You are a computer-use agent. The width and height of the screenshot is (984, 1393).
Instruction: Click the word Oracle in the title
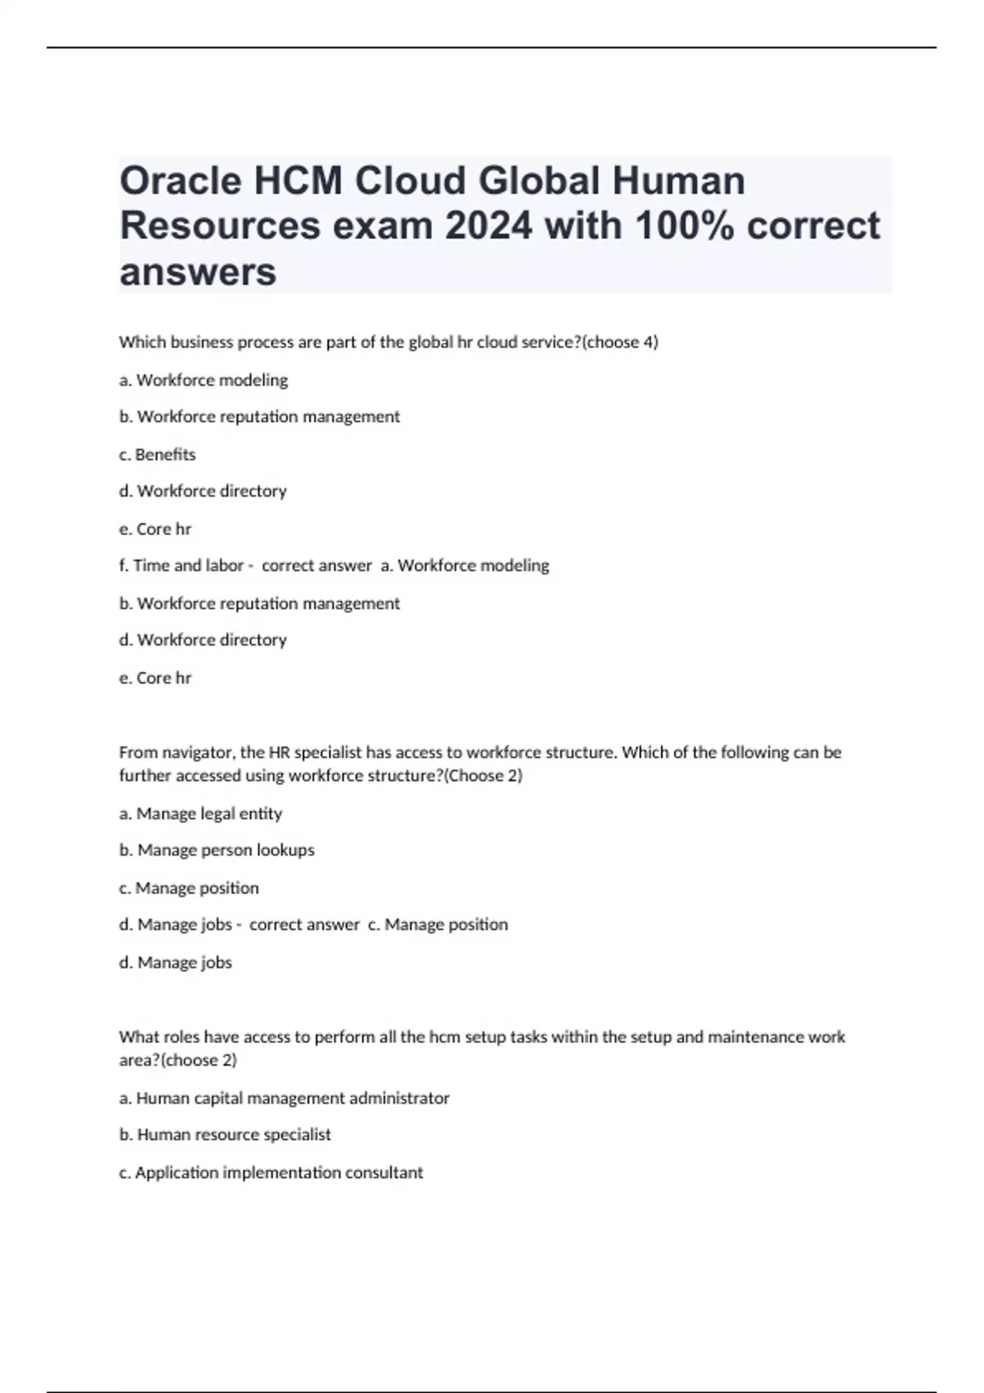click(180, 181)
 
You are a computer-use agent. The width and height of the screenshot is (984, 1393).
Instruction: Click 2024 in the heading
click(489, 226)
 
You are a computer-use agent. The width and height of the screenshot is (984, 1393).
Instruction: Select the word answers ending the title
click(198, 272)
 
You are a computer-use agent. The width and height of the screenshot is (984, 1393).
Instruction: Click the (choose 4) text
click(620, 343)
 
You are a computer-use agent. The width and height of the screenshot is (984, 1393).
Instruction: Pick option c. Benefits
click(157, 455)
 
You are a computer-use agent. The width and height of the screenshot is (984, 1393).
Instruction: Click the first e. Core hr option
click(155, 529)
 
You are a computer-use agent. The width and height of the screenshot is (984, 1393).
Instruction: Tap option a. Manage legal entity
click(201, 814)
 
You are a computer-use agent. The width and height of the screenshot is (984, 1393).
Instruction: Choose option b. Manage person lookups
click(217, 851)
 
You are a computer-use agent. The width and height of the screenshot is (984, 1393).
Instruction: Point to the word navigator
click(196, 752)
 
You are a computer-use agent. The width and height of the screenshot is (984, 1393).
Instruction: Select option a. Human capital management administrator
click(285, 1098)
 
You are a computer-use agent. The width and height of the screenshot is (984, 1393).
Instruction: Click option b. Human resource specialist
click(225, 1135)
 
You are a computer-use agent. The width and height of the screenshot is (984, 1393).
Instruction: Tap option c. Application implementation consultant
click(271, 1173)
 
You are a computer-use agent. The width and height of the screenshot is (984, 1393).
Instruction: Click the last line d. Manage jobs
click(175, 963)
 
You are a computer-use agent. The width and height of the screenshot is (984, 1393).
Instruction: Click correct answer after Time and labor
click(317, 565)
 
